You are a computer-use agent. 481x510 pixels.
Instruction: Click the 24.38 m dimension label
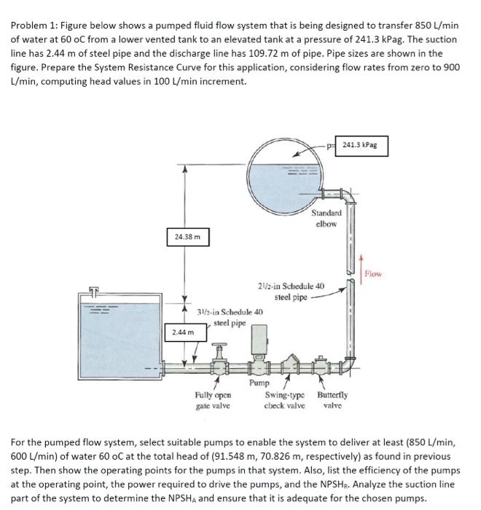pos(187,236)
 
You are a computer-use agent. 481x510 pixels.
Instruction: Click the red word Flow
pos(373,275)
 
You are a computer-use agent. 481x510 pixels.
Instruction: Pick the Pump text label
pos(258,382)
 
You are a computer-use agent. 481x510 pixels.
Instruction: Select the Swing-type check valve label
pos(283,400)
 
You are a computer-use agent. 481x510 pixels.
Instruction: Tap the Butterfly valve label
pos(332,400)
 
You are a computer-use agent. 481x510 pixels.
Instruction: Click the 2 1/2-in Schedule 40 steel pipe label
pos(292,291)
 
